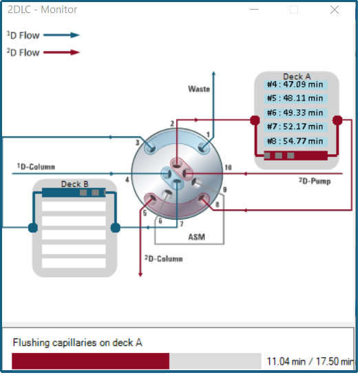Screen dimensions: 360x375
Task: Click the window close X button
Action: click(334, 10)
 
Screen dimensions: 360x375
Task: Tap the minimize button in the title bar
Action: click(254, 10)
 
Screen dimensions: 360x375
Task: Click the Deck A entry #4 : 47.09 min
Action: click(295, 85)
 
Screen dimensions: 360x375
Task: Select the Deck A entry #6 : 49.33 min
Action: click(295, 113)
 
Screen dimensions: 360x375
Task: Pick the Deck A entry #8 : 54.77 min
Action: click(295, 141)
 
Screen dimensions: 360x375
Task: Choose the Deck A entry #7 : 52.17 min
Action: click(295, 127)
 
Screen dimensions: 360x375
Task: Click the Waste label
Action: click(199, 89)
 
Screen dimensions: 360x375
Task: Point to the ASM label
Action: click(197, 237)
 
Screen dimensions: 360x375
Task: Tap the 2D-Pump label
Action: click(315, 181)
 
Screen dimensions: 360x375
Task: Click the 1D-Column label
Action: click(36, 167)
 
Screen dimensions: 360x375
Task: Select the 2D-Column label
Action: click(164, 259)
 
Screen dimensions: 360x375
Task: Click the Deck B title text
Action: click(75, 184)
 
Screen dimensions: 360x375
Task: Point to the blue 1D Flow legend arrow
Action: click(61, 35)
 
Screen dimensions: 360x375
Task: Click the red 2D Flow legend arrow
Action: click(61, 52)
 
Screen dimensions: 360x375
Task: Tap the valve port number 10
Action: click(228, 167)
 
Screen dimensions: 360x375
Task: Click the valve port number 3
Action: click(137, 142)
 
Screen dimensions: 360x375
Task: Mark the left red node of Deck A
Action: click(255, 120)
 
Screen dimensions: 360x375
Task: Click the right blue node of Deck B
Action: click(116, 228)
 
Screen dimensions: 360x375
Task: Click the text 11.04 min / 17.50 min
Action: click(310, 361)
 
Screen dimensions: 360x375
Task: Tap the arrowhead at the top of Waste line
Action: click(213, 74)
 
